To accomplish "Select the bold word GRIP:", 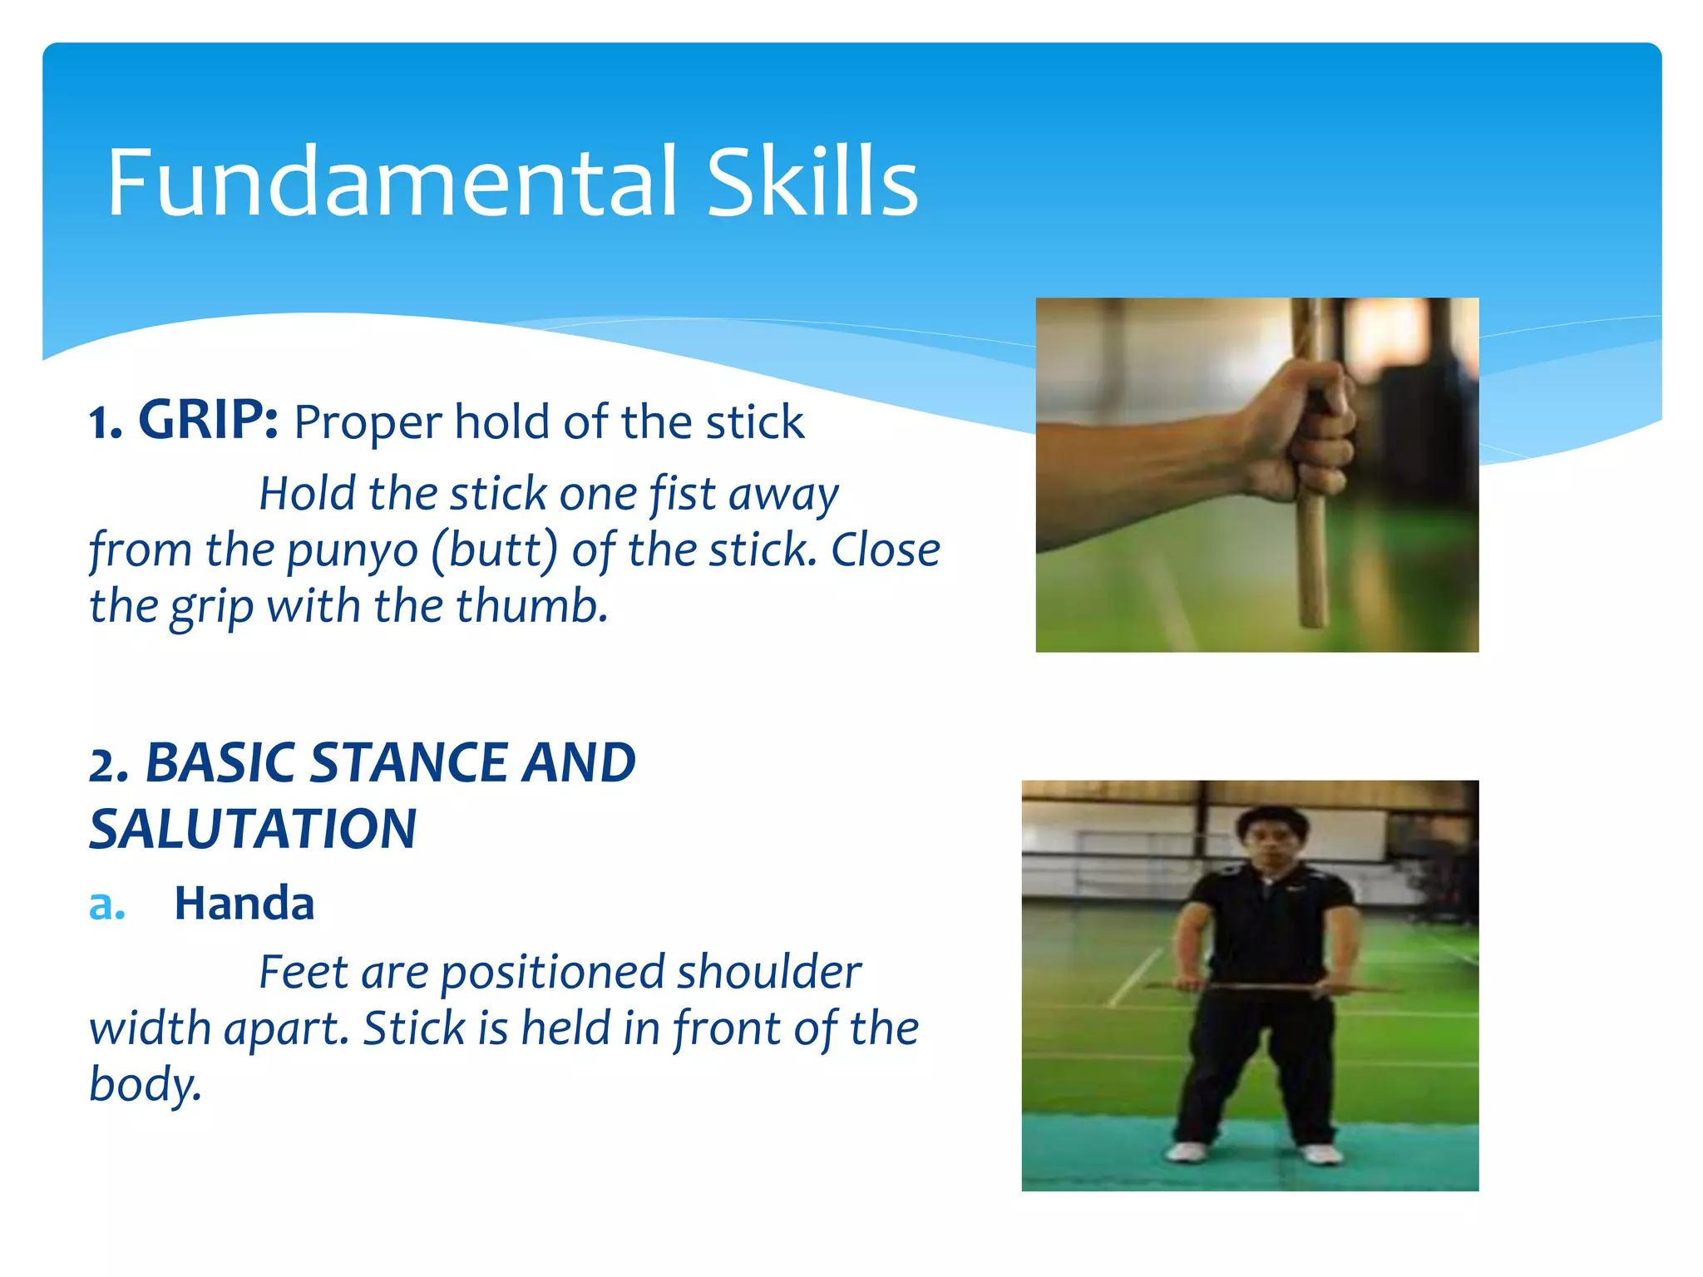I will [208, 420].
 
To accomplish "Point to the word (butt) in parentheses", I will [495, 550].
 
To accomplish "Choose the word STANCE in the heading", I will [407, 762].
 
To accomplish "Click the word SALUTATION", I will [253, 829].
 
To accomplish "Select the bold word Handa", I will [244, 903].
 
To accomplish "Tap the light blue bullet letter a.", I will [106, 904].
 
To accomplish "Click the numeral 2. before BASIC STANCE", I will [109, 765].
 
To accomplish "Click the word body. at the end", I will [146, 1083].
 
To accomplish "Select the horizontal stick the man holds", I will [1272, 988].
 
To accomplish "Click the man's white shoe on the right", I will [1320, 1153].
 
